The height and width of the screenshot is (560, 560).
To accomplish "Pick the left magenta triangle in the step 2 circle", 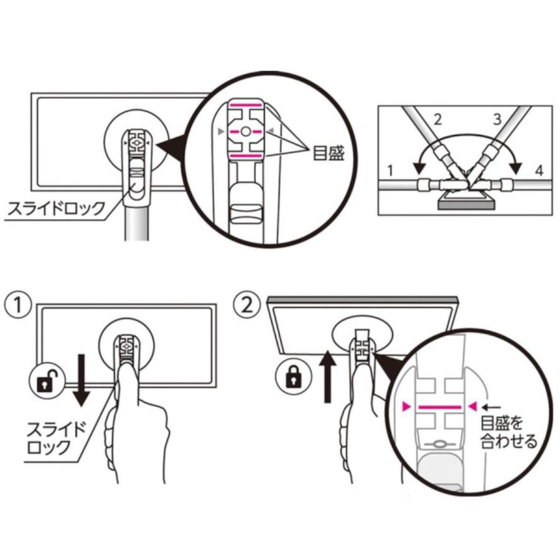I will (406, 406).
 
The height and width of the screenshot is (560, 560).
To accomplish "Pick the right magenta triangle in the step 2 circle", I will (474, 406).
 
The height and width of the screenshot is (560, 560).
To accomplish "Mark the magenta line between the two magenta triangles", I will (440, 407).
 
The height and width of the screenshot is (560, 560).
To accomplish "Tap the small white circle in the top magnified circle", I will (245, 131).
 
